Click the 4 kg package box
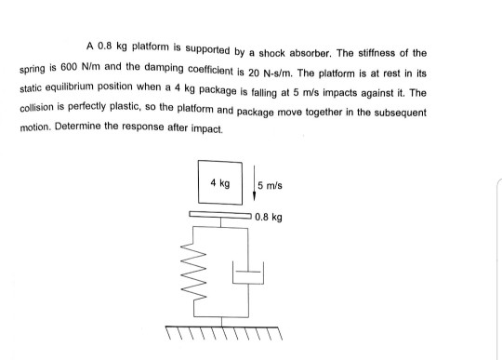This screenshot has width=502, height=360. coord(219,182)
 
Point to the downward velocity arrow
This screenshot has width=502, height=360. coord(251,186)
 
